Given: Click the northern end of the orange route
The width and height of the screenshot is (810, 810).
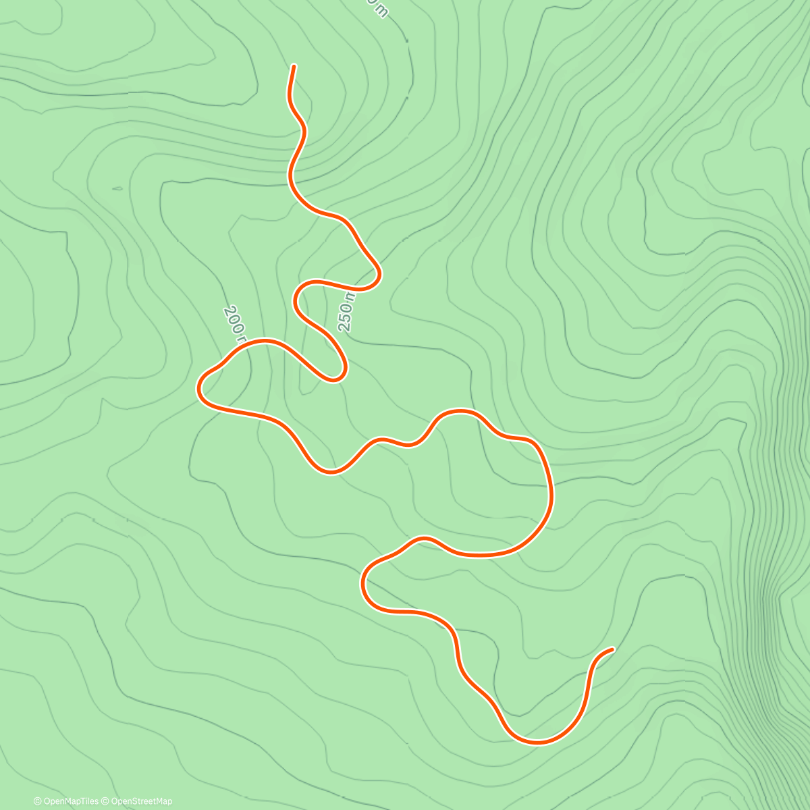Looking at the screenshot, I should (294, 66).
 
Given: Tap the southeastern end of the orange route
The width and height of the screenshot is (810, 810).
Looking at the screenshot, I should (612, 649).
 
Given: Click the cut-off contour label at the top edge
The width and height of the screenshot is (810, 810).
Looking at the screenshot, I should (377, 7).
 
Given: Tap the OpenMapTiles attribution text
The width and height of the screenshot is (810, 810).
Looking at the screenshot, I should (71, 801).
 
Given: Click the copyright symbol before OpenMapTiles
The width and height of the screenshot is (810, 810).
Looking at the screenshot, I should (38, 801).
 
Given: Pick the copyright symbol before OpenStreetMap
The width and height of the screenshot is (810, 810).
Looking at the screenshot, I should (105, 801).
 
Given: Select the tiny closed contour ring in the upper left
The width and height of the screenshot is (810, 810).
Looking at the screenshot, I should (117, 188).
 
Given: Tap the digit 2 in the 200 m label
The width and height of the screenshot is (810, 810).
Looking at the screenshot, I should (227, 311).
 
